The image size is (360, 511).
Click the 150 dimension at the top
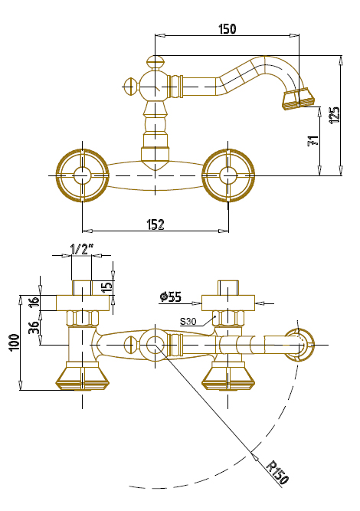227,28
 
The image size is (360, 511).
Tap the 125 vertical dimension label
335,115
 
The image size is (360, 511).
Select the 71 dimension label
313,141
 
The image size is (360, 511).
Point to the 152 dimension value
155,224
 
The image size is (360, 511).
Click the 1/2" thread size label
82,249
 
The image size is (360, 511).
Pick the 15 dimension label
107,287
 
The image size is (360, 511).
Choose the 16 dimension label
34,301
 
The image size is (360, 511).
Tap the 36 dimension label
34,328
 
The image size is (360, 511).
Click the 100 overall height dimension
15,342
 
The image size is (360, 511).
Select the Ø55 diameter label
171,297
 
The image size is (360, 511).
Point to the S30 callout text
188,322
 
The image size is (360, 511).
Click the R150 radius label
277,472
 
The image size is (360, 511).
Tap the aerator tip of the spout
299,100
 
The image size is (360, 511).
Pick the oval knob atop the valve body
155,61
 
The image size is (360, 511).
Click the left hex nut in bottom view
83,319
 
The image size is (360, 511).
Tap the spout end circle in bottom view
299,345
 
